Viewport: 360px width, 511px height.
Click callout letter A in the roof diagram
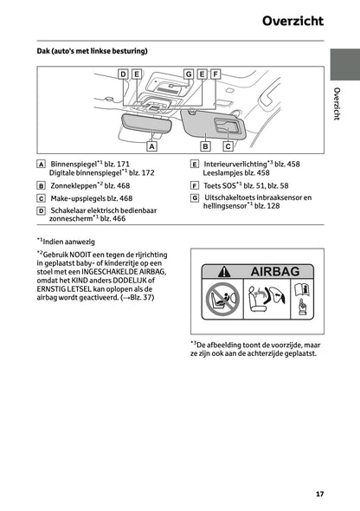click(x=151, y=147)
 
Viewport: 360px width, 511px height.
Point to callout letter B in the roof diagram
click(x=204, y=147)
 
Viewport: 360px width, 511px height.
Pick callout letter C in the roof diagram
click(x=227, y=147)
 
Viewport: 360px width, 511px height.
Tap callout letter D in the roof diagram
click(x=123, y=74)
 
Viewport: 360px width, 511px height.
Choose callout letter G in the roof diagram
click(x=188, y=74)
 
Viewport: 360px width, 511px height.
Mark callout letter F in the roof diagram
click(x=215, y=74)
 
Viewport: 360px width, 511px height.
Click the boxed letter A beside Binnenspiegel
click(x=41, y=164)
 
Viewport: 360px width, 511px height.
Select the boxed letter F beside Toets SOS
click(x=195, y=185)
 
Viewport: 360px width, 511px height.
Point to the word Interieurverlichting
click(x=235, y=164)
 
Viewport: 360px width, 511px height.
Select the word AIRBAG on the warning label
click(x=274, y=272)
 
